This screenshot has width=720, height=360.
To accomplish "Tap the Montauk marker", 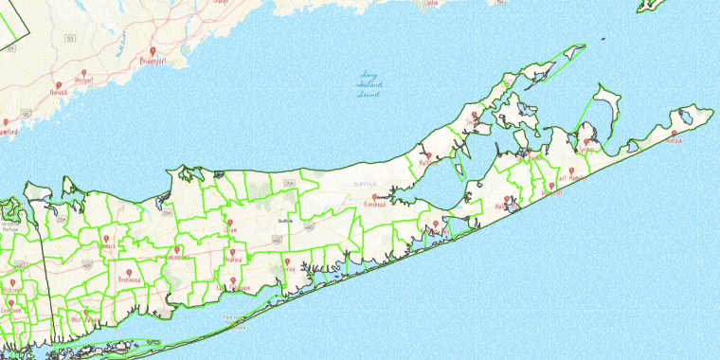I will [675, 135].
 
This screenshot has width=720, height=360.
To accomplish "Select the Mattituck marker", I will [429, 156].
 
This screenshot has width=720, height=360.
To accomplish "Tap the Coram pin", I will [228, 224].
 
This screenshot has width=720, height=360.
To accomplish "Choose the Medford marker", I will [232, 253].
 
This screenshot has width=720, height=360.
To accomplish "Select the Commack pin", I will [107, 239].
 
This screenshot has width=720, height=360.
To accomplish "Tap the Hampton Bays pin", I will [436, 225].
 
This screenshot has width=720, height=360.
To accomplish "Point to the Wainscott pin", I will [551, 187].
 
